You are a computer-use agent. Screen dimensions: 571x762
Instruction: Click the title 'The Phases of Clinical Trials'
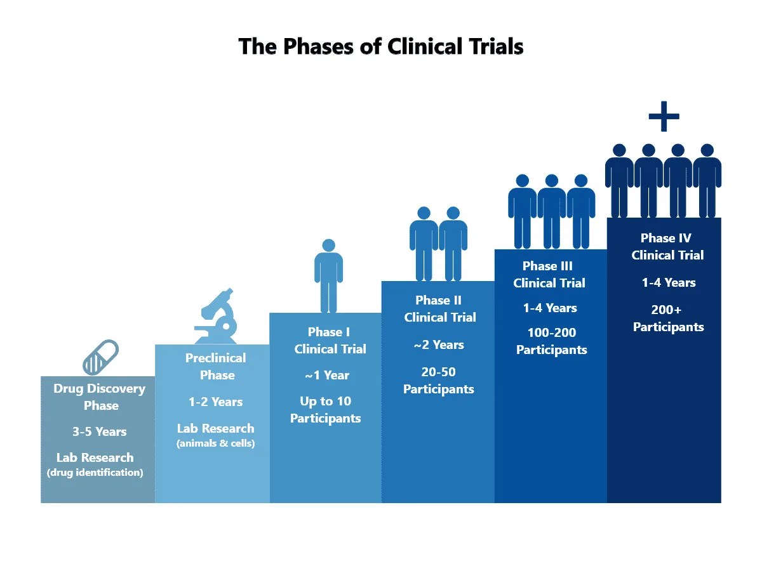[381, 47]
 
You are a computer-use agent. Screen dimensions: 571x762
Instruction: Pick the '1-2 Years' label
[215, 402]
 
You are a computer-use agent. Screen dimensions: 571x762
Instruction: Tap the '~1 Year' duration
[326, 375]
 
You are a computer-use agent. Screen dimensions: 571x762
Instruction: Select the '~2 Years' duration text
[439, 345]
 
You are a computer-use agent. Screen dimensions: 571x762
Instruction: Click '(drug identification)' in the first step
[95, 472]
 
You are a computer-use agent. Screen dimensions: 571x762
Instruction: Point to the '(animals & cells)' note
[216, 443]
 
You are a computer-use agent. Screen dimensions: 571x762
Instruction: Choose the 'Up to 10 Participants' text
[326, 410]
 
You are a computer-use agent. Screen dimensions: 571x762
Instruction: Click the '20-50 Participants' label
[439, 380]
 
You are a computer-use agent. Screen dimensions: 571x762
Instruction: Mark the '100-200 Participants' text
[551, 341]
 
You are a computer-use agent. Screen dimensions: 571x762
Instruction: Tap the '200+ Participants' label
[668, 318]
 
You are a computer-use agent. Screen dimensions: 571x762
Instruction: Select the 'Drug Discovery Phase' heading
[100, 397]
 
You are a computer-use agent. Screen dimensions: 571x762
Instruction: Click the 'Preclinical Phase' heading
[216, 367]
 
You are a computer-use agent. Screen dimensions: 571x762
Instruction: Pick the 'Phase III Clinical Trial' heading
[549, 274]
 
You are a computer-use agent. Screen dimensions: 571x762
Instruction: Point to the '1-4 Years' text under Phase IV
[669, 282]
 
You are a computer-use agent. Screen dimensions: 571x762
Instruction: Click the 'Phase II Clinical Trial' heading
[439, 308]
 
